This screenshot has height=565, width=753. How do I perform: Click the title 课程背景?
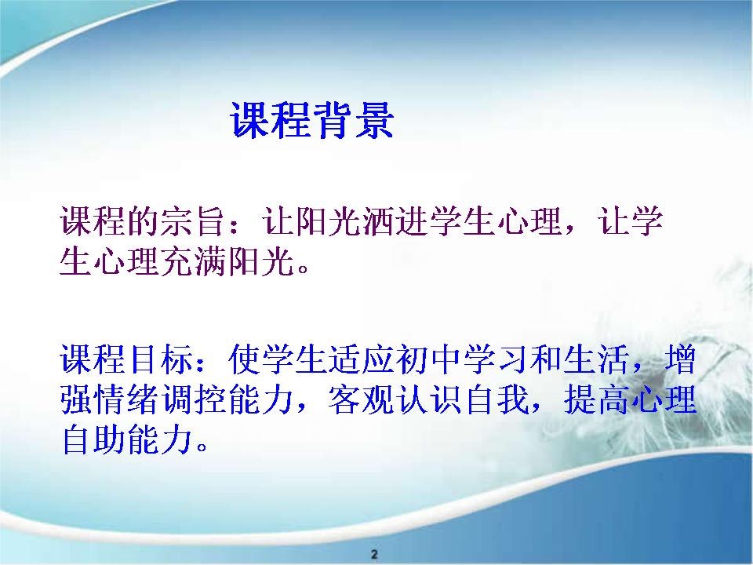[x=312, y=120]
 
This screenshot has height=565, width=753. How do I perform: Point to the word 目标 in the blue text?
[x=162, y=359]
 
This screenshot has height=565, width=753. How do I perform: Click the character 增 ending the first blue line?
[x=680, y=359]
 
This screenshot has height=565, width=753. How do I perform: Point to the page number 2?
[x=375, y=553]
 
